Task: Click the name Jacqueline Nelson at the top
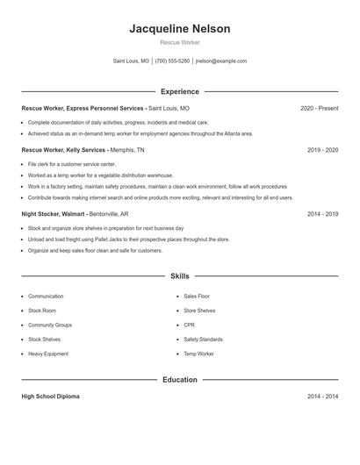tap(179, 29)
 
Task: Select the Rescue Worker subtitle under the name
tap(179, 42)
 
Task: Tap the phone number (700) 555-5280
tap(172, 61)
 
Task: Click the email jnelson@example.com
tap(220, 61)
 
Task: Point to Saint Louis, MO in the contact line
tap(132, 61)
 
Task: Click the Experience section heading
tap(179, 91)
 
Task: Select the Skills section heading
tap(179, 276)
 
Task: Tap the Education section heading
tap(179, 380)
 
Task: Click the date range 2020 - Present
tap(319, 108)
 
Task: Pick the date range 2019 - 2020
tap(322, 150)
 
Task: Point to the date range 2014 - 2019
tap(322, 213)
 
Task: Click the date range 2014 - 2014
tap(322, 397)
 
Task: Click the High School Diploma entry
tap(50, 397)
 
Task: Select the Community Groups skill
tap(49, 325)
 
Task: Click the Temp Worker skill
tap(198, 354)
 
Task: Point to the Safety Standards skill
tap(203, 339)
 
